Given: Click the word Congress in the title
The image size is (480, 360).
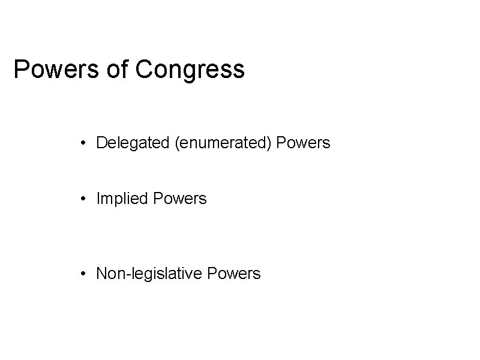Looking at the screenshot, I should tap(190, 70).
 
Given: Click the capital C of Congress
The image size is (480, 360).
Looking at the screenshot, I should tap(145, 70).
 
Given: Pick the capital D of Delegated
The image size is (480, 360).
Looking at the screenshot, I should tap(101, 143).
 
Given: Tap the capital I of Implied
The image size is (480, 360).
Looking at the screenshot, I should tap(98, 199).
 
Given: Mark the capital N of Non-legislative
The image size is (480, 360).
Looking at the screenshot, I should tap(101, 274).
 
